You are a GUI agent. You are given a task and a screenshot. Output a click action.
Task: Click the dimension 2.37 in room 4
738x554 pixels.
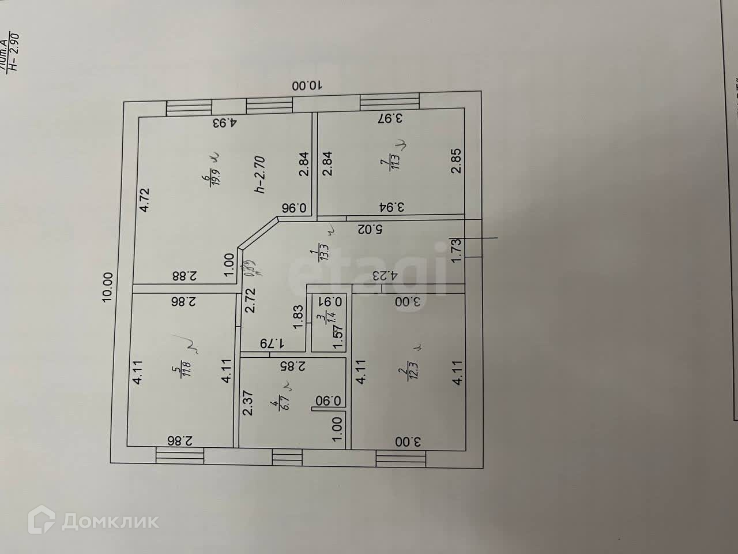[247, 404]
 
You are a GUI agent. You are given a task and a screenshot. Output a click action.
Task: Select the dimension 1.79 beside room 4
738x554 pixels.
[274, 343]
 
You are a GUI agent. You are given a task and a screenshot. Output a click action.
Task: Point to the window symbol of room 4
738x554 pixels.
[283, 457]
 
